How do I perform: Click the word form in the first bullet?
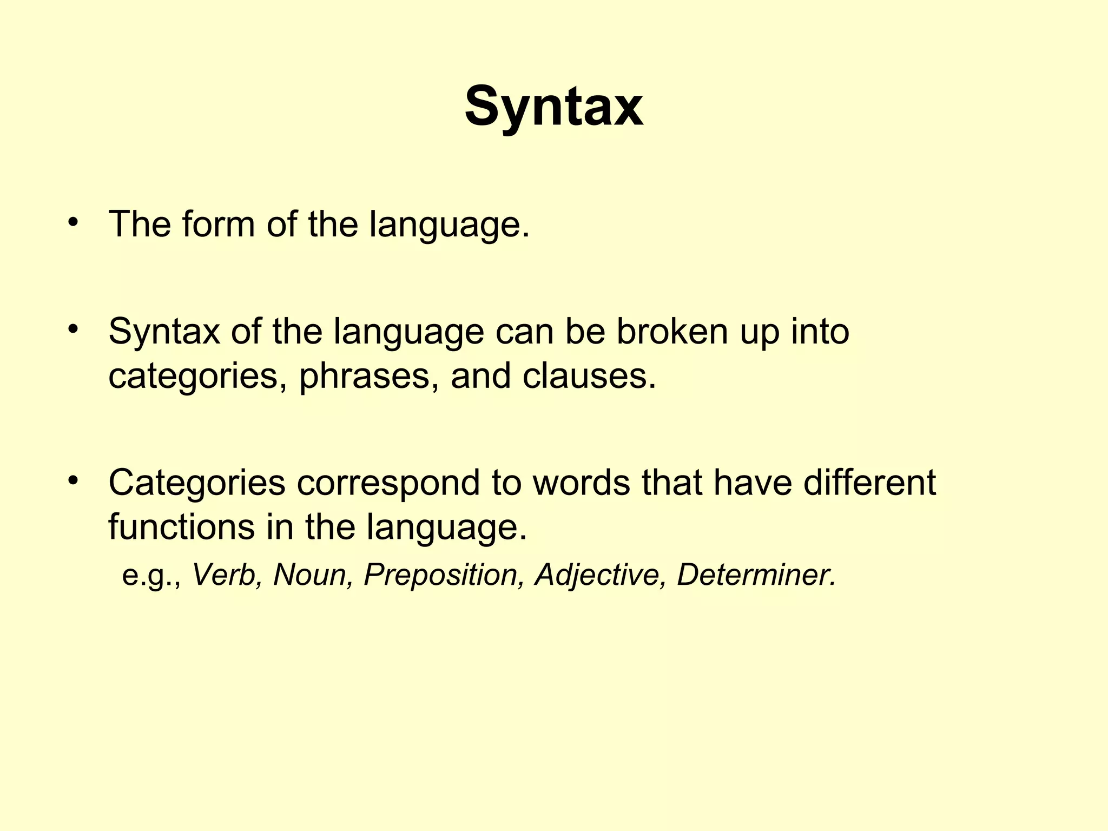click(218, 224)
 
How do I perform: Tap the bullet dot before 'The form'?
click(74, 222)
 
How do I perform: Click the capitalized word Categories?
click(196, 483)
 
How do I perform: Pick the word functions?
click(181, 527)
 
